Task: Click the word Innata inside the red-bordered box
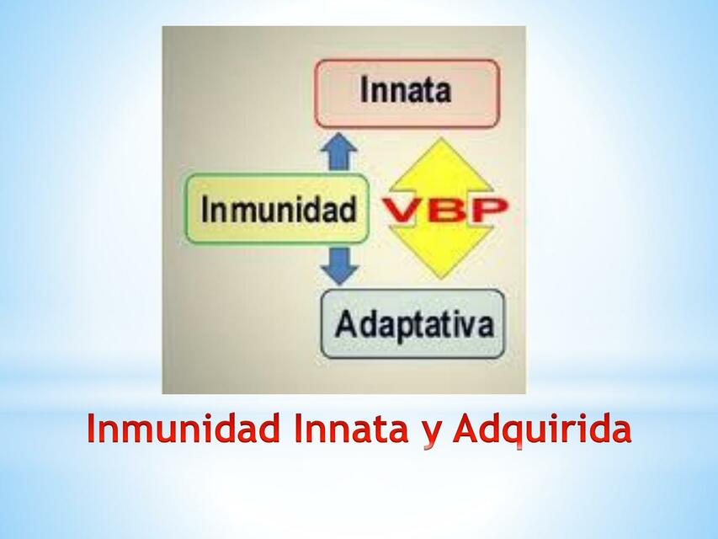406,90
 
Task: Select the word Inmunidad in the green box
279,209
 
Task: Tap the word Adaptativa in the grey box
413,324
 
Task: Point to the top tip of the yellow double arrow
441,141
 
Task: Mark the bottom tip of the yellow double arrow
441,276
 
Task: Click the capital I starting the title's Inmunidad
93,430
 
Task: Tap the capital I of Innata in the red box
364,90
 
